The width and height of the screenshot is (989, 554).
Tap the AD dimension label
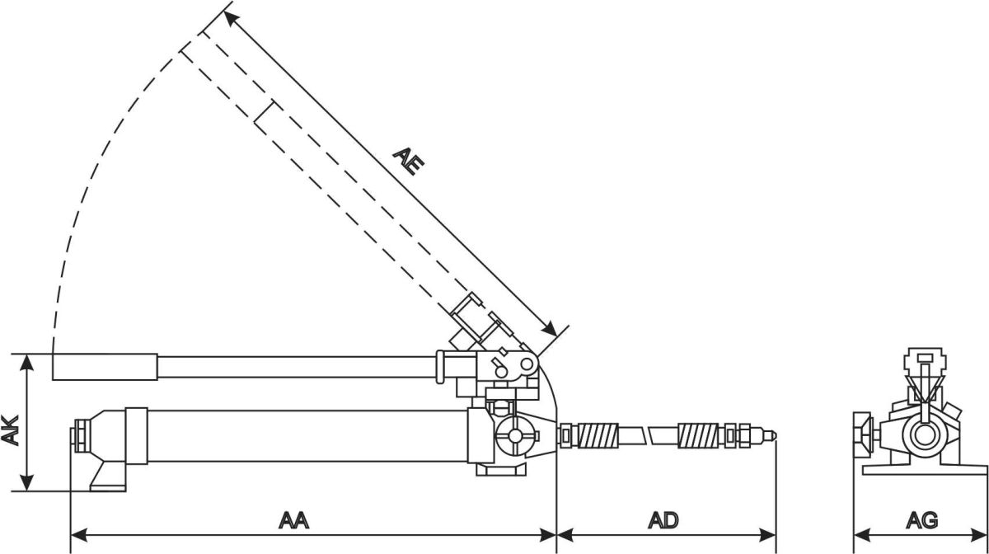tap(663, 520)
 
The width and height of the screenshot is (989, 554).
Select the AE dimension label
tap(409, 160)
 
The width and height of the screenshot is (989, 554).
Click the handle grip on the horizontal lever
tap(105, 367)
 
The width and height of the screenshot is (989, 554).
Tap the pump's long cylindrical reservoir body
tap(305, 435)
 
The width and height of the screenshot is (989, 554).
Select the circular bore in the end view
tap(922, 434)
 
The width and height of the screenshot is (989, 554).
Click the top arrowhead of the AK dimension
tap(28, 359)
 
